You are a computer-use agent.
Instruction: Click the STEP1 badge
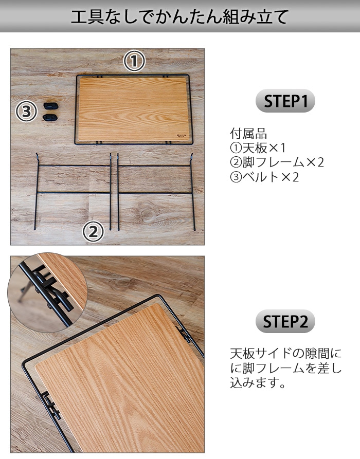(285, 102)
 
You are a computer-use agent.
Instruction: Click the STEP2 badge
(285, 322)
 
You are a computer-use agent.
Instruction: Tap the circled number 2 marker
(93, 232)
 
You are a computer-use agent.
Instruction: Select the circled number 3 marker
(27, 111)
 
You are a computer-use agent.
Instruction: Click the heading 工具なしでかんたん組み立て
(179, 16)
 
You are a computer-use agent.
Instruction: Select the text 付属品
(248, 134)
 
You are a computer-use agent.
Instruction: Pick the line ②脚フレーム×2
(277, 162)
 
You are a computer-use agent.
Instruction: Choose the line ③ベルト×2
(264, 177)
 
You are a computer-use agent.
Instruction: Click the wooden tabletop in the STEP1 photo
(133, 109)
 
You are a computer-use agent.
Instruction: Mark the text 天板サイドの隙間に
(285, 354)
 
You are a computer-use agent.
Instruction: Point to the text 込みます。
(258, 383)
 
